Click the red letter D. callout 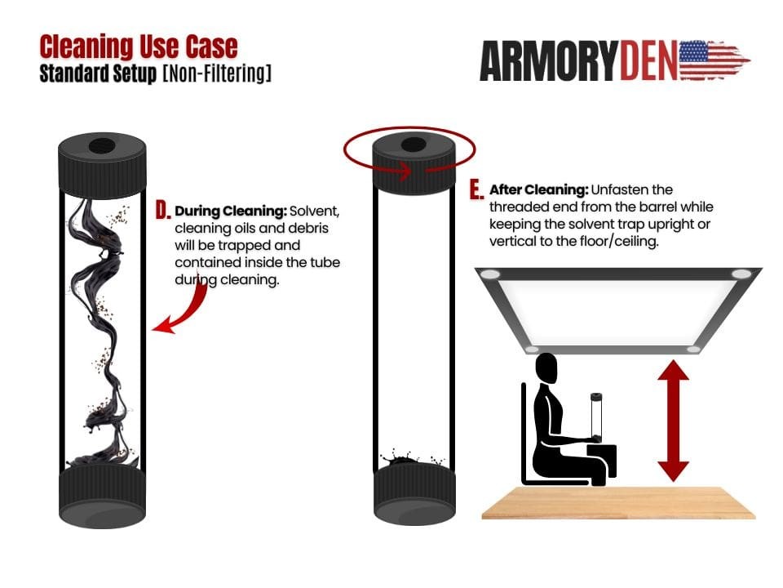click(x=163, y=211)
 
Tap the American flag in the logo click(x=714, y=60)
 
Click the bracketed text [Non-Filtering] click(x=217, y=73)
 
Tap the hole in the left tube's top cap click(x=102, y=147)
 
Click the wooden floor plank click(x=618, y=502)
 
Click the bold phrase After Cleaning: click(x=538, y=189)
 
